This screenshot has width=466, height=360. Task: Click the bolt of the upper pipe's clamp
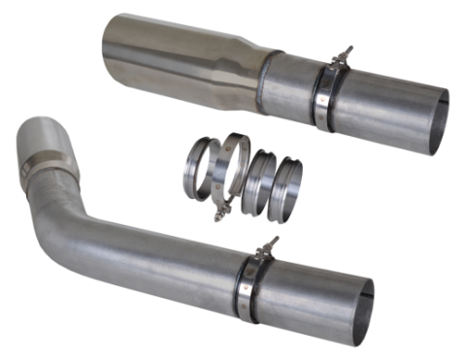coord(340,59)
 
